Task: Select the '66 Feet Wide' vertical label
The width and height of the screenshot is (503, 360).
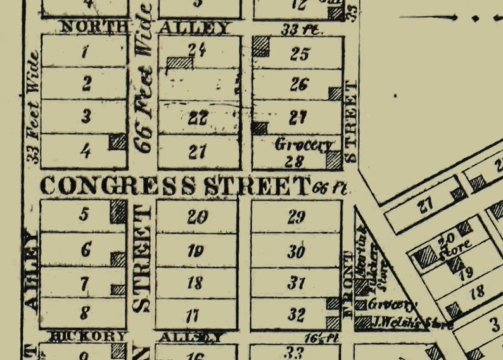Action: click(x=144, y=79)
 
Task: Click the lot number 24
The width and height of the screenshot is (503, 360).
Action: click(x=198, y=48)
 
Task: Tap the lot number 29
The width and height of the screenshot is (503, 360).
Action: click(x=296, y=217)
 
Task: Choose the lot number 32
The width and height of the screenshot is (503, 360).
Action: click(x=296, y=315)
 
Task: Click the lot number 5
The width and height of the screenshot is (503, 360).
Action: click(x=84, y=214)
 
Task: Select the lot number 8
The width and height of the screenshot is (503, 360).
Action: click(x=86, y=312)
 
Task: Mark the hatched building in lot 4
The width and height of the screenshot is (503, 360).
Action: click(x=118, y=142)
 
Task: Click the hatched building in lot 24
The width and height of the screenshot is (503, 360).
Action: click(x=179, y=62)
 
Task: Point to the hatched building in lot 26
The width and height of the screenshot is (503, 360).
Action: click(x=335, y=94)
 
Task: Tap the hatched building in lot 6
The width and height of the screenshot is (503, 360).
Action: click(x=118, y=259)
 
